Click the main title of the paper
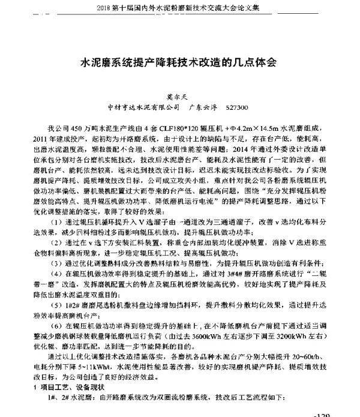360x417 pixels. click(x=179, y=62)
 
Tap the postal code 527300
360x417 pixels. click(x=234, y=108)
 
